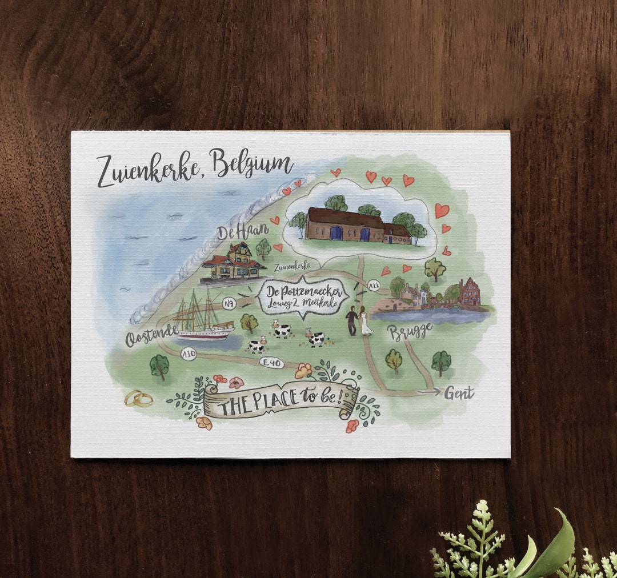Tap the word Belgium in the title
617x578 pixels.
(251, 164)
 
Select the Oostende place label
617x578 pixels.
(151, 338)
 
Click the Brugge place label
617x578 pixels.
(409, 331)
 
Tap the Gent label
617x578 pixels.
(459, 393)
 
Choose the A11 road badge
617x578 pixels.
(374, 284)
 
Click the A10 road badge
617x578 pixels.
(188, 355)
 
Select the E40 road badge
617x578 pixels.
(271, 362)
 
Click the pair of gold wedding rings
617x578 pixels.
(139, 399)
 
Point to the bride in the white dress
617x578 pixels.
(364, 322)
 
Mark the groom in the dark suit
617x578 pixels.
(351, 320)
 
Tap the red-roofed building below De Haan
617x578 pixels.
(233, 263)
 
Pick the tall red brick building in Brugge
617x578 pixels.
(470, 291)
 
